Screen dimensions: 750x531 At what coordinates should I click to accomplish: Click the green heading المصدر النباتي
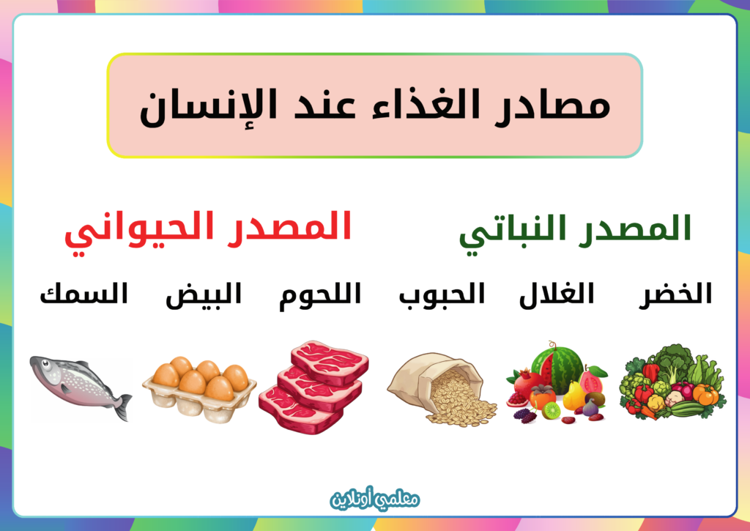pos(575,234)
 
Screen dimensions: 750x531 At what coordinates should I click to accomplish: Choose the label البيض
pos(204,295)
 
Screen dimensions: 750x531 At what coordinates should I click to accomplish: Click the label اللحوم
pos(320,296)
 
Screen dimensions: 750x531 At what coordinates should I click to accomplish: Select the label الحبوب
pos(442,294)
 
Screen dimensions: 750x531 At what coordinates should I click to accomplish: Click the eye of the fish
pos(46,365)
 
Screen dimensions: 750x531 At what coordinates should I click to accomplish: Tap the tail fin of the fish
pos(122,406)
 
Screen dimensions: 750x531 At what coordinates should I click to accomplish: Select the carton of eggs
pos(199,388)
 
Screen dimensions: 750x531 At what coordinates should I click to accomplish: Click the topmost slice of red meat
pos(330,362)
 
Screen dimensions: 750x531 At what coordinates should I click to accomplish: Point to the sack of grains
pos(441,388)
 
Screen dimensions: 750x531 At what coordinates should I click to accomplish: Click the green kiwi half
pos(551,410)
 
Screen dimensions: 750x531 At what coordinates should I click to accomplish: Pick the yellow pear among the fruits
pos(573,396)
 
